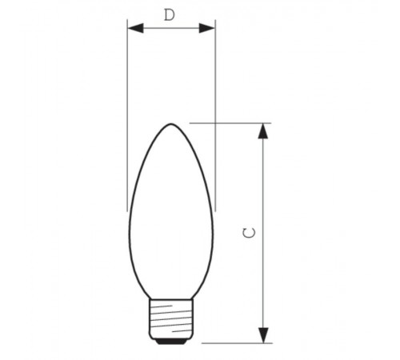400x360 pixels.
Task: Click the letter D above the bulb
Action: [x=170, y=14]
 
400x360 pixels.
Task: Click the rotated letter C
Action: [x=250, y=232]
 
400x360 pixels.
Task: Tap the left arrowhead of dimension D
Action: [x=134, y=28]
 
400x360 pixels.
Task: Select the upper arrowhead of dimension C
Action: [x=262, y=131]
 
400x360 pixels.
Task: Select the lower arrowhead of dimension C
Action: [x=262, y=335]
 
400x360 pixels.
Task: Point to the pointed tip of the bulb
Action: [x=171, y=124]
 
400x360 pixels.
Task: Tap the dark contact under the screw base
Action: [x=171, y=342]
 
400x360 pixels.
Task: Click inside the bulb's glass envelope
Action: [x=171, y=224]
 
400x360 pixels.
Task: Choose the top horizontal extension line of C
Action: [x=232, y=123]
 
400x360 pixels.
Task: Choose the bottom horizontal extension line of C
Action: [x=236, y=343]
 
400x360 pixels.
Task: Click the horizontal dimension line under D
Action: [x=171, y=28]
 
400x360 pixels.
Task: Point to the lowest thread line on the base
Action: [x=171, y=331]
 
